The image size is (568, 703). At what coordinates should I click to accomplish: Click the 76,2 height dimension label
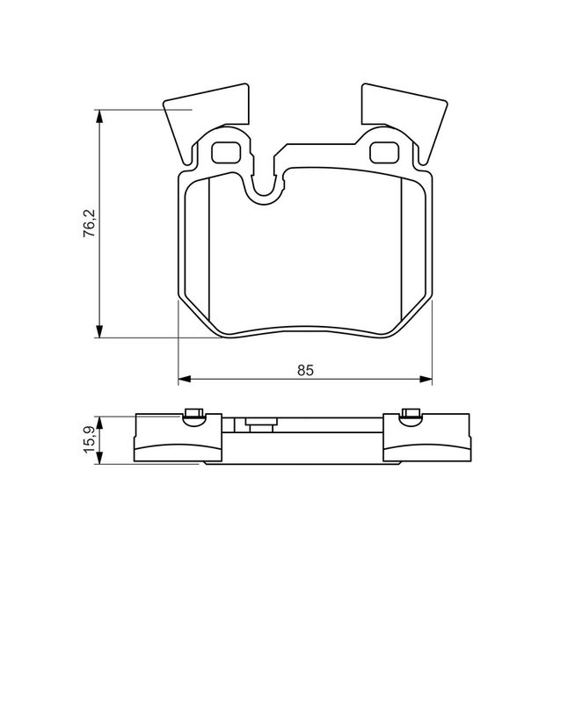pos(90,223)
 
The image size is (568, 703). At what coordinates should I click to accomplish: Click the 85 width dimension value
pos(305,370)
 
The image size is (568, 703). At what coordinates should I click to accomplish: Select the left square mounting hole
pos(226,152)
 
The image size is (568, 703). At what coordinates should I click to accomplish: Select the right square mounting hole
pos(384,152)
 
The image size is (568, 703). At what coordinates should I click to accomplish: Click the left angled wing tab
pos(204,118)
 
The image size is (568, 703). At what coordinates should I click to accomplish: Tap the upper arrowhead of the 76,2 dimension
pos(99,116)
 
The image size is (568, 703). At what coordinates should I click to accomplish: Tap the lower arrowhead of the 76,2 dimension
pos(99,330)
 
